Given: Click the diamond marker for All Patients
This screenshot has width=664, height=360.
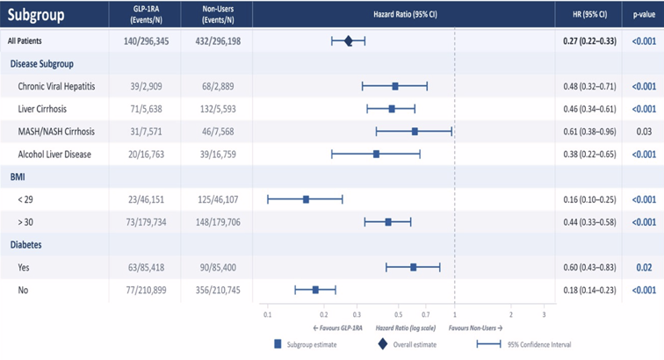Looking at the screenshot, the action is click(348, 41).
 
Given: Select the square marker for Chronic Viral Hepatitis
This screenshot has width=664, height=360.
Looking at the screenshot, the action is click(395, 86).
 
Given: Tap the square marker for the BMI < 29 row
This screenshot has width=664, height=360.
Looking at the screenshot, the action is click(307, 199).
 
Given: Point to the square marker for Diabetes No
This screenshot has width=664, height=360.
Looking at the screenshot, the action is click(315, 290).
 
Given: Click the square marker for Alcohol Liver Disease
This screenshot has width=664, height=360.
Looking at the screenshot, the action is click(376, 155).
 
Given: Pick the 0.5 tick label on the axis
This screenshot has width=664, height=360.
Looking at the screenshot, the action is click(399, 314).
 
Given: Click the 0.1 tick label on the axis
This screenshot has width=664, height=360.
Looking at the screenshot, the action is click(268, 314).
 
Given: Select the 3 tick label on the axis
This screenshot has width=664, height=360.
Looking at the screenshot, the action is click(545, 314).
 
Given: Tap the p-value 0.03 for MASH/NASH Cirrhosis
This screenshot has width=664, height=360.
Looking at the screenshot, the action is click(644, 132).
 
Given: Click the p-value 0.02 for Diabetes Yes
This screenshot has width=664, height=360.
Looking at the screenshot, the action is click(644, 268).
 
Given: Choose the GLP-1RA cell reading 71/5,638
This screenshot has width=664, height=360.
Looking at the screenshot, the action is click(146, 109).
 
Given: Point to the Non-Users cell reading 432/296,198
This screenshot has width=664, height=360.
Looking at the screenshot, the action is click(218, 41).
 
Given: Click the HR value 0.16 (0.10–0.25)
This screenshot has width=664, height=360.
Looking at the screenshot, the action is click(589, 199).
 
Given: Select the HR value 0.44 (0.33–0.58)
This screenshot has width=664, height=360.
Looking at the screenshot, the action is click(589, 222).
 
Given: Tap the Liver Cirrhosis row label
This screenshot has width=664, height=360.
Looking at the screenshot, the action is click(42, 109).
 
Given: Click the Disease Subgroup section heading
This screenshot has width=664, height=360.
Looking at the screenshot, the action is click(42, 64).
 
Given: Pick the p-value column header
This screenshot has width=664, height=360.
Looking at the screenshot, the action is click(644, 14).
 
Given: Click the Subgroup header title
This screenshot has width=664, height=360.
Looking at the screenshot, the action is click(36, 15).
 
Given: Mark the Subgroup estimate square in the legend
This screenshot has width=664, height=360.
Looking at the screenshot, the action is click(278, 344).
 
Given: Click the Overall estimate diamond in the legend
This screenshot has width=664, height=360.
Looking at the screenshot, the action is click(383, 344).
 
